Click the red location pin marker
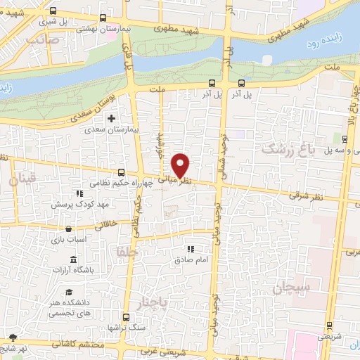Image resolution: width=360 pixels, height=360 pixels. coord(181,165)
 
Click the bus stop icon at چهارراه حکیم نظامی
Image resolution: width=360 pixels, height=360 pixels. coord(122,172)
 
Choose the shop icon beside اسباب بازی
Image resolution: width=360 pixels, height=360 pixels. coord(67,229)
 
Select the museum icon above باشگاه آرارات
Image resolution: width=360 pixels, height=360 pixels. coord(73,260)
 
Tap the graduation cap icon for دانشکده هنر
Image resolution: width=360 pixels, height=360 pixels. coord(69,292)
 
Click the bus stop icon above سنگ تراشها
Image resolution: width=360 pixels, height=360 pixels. coord(125,317)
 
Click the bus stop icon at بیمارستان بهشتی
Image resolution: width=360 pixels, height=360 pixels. coord(103,18)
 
